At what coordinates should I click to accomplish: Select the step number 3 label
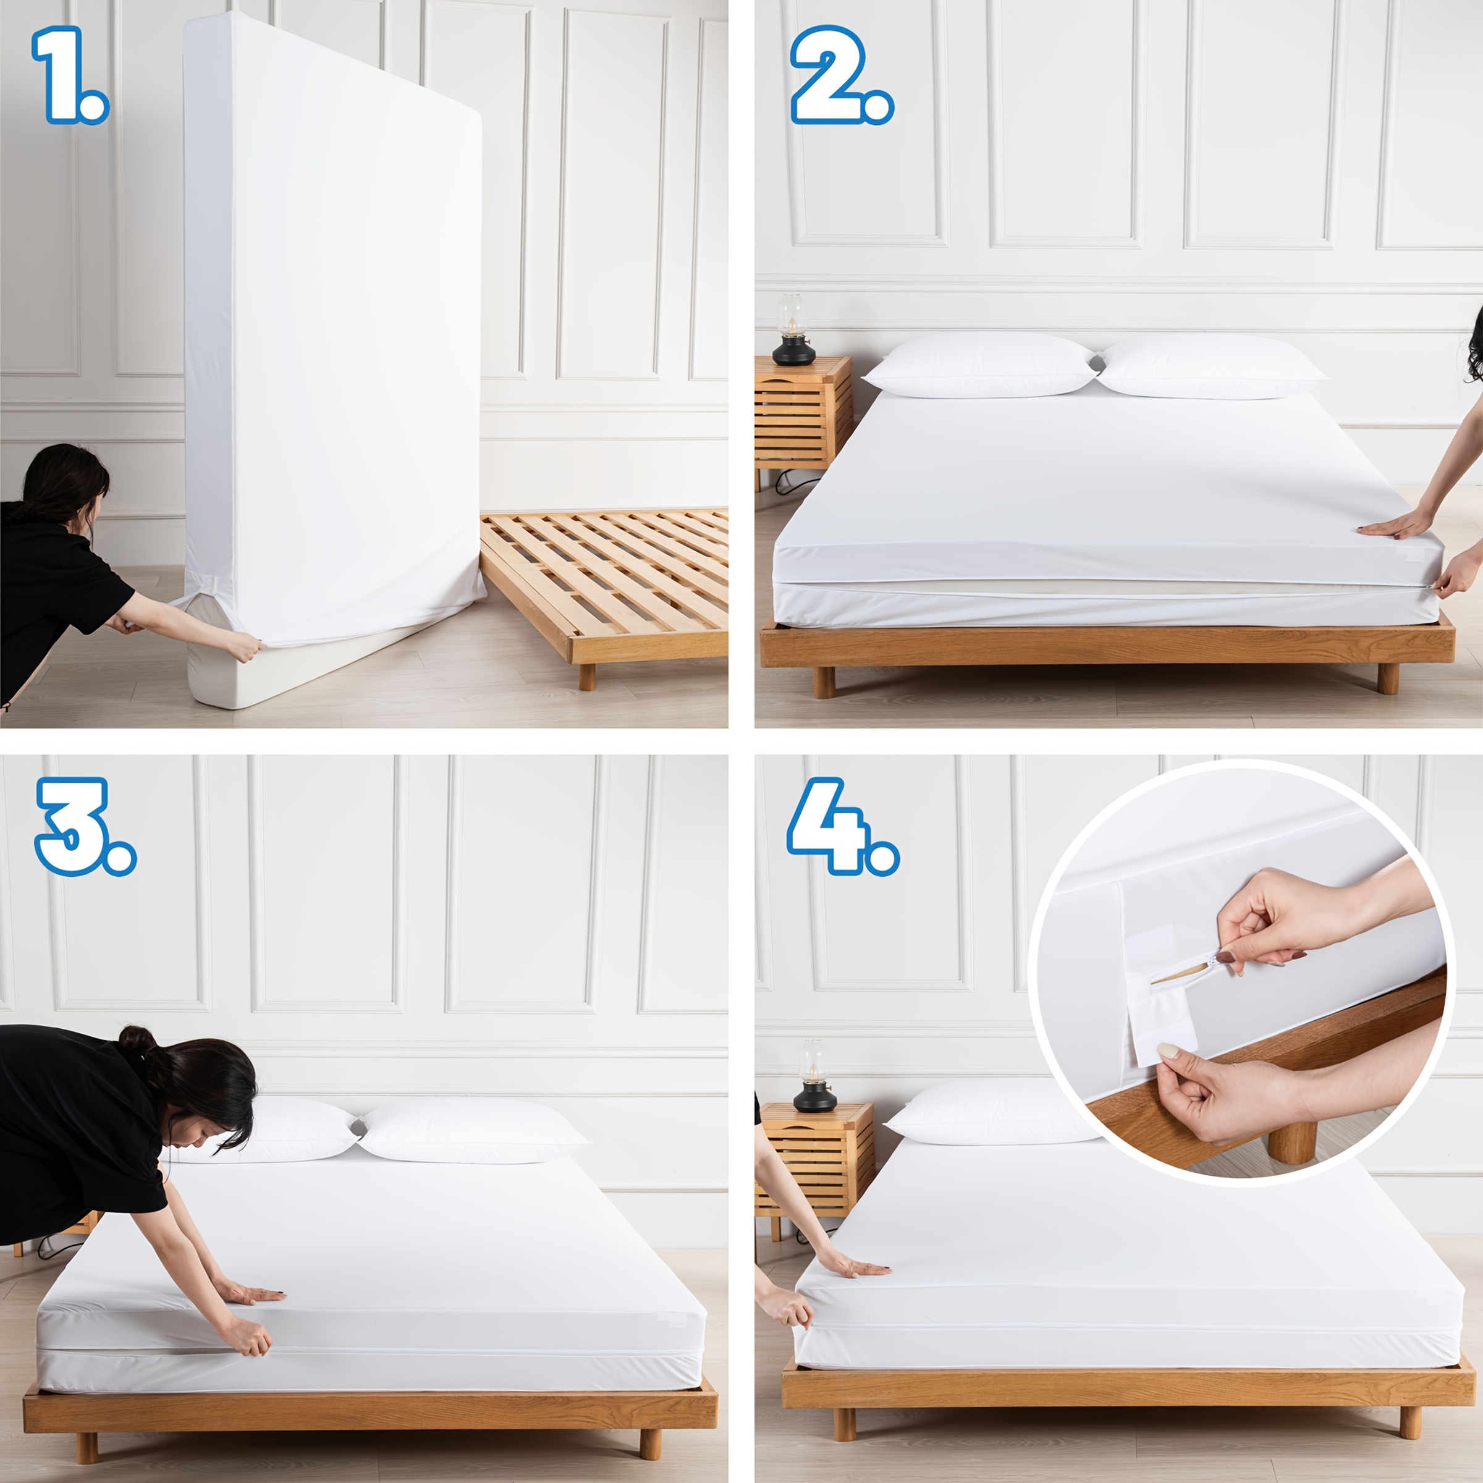tap(85, 827)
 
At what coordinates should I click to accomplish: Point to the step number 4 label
tap(842, 827)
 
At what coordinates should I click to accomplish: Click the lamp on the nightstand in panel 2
tap(793, 329)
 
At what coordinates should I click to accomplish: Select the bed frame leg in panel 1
tap(587, 676)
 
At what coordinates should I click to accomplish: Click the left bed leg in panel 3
tap(87, 1448)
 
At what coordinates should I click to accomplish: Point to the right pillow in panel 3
tap(470, 1134)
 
